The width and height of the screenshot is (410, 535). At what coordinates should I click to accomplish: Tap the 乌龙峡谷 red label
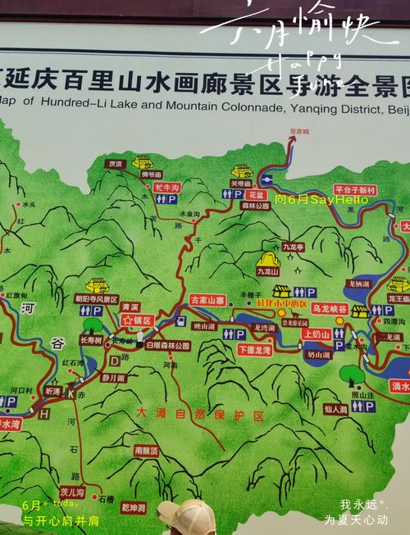tap(329, 308)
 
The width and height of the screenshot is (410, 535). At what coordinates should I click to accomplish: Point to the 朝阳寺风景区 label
tap(97, 299)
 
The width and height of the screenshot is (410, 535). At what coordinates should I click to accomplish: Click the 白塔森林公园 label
tap(167, 346)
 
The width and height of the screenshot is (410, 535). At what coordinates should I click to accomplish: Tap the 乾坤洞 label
tap(134, 508)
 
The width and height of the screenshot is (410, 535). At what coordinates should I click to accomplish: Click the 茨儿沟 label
tap(73, 492)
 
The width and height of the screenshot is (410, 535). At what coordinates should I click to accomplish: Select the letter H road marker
tap(43, 414)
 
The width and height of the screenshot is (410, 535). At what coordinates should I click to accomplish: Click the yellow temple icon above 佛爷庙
tap(143, 161)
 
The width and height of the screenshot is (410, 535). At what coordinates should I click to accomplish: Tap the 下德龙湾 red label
tap(253, 349)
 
